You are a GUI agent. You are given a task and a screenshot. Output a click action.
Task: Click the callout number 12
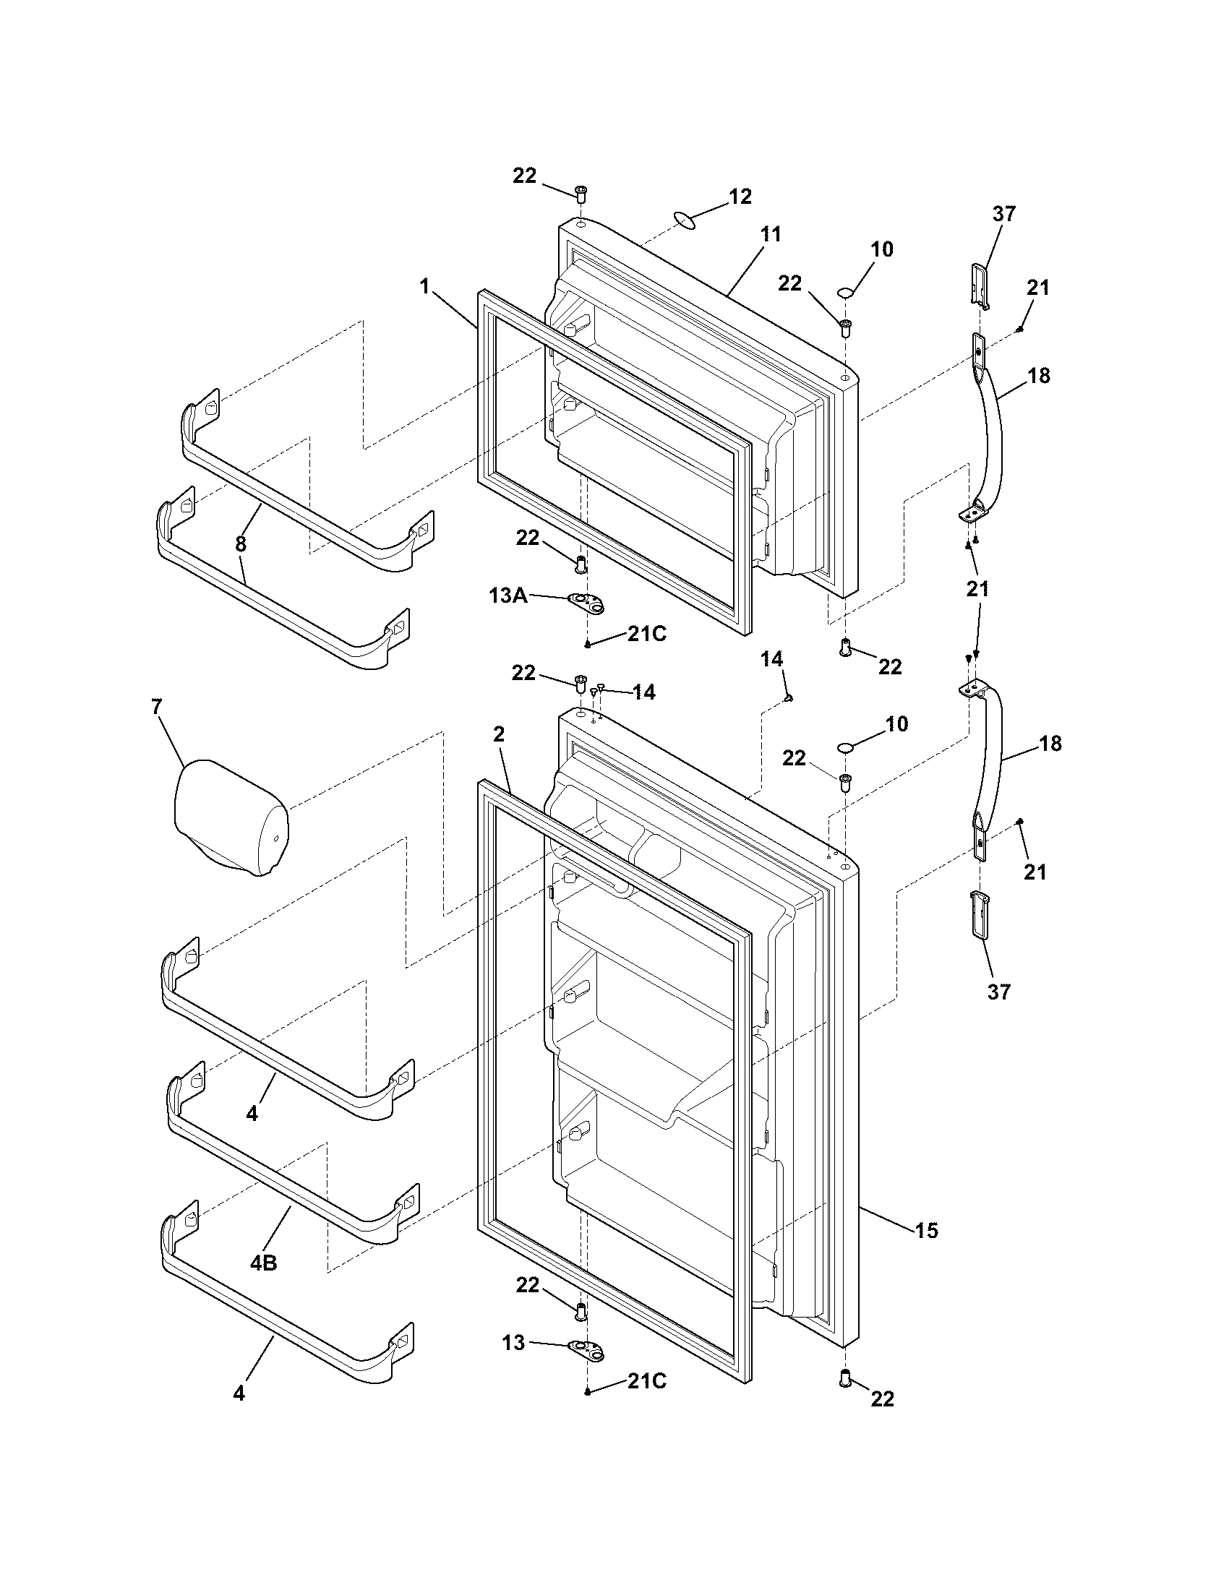click(x=740, y=197)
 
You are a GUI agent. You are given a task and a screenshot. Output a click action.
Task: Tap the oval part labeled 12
click(x=685, y=219)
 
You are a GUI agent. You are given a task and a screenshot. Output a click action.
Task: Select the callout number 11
click(x=771, y=234)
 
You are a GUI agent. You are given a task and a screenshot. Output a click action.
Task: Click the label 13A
click(x=508, y=596)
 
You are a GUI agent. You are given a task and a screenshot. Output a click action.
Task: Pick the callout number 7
click(x=157, y=706)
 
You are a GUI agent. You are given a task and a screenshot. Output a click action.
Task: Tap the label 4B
click(x=264, y=1263)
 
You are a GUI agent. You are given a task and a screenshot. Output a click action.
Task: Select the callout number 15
click(x=926, y=1230)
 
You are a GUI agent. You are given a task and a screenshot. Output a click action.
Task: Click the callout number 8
click(x=241, y=543)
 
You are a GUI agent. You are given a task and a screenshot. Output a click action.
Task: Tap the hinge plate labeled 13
click(x=587, y=1350)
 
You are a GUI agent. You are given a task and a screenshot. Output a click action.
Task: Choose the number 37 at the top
click(x=1004, y=214)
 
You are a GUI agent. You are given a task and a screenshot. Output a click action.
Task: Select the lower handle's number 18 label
click(x=1050, y=743)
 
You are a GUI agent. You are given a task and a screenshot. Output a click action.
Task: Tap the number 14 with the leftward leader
click(x=643, y=692)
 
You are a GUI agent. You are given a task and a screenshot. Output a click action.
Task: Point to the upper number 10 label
click(x=882, y=250)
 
